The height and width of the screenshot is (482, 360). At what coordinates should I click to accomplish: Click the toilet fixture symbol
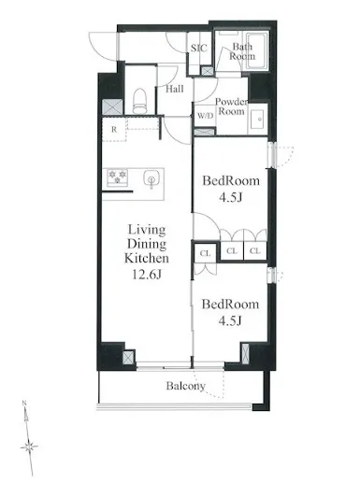pyautogui.click(x=139, y=101)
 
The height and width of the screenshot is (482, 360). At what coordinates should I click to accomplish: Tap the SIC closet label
pyautogui.click(x=199, y=49)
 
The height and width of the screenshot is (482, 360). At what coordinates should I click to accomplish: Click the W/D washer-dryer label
pyautogui.click(x=206, y=116)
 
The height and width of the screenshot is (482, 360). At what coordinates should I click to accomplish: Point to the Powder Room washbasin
pyautogui.click(x=258, y=120)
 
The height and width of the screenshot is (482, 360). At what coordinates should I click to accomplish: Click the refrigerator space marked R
pyautogui.click(x=114, y=130)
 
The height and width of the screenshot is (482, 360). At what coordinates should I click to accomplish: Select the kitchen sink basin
pyautogui.click(x=151, y=179)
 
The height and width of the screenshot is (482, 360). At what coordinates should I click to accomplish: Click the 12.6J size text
pyautogui.click(x=147, y=274)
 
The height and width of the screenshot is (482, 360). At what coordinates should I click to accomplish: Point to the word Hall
pyautogui.click(x=175, y=89)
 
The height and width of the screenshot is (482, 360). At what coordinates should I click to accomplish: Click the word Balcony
pyautogui.click(x=186, y=386)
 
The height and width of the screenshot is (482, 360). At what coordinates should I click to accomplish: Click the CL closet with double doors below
pyautogui.click(x=205, y=253)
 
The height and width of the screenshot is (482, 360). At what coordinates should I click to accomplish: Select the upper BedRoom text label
pyautogui.click(x=231, y=181)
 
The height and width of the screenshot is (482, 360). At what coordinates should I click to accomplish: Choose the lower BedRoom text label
pyautogui.click(x=230, y=305)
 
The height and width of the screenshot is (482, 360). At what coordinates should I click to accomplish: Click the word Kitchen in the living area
pyautogui.click(x=147, y=258)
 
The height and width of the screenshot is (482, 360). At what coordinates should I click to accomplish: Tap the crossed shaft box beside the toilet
pyautogui.click(x=112, y=106)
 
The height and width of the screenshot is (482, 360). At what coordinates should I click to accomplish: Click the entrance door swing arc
pyautogui.click(x=100, y=47)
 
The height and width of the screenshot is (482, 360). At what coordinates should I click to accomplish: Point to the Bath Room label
pyautogui.click(x=242, y=51)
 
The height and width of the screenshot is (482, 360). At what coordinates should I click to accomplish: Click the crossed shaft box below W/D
pyautogui.click(x=205, y=132)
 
